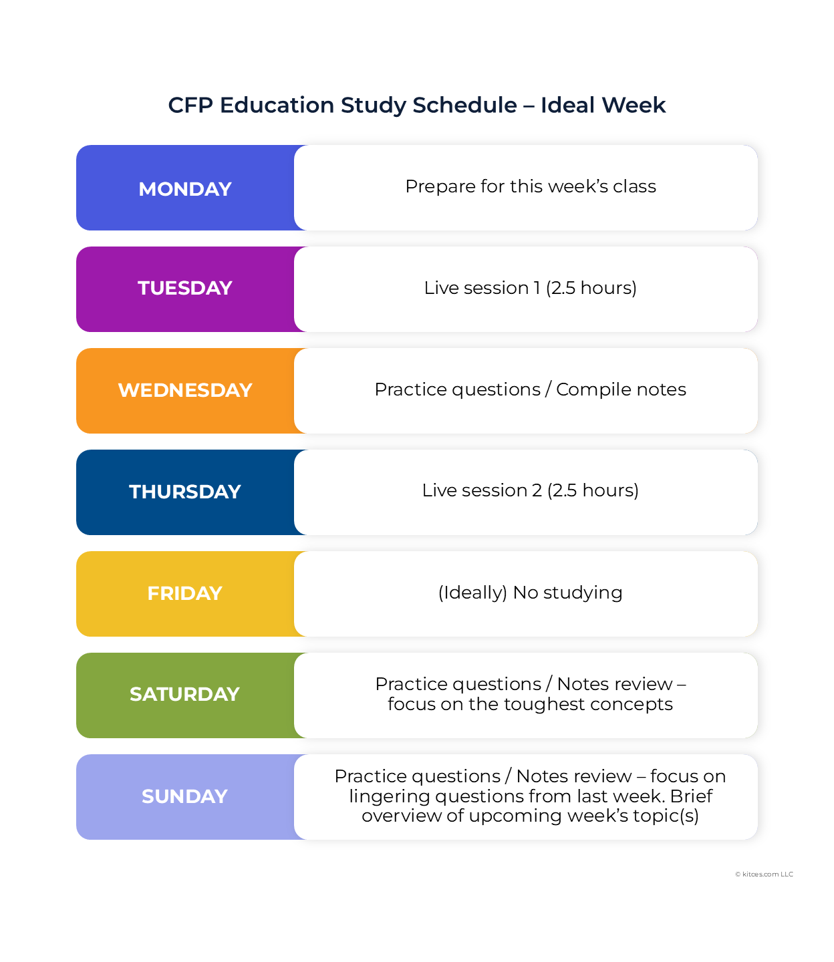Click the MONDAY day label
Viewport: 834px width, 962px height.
coord(185,189)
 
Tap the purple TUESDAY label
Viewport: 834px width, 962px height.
coord(185,288)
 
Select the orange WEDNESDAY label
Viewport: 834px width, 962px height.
coord(185,390)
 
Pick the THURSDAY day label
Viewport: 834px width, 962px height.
coord(185,492)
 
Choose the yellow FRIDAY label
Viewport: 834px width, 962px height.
coord(185,593)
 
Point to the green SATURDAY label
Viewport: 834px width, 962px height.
coord(185,695)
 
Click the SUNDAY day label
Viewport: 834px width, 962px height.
coord(185,796)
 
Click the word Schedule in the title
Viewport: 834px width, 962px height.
coord(464,105)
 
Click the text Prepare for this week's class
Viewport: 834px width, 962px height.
coord(531,186)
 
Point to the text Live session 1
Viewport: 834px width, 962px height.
coord(482,288)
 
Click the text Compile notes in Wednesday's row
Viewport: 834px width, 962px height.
coord(621,389)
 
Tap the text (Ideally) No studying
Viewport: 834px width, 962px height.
coord(531,593)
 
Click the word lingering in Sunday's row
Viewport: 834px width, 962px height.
coord(389,796)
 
